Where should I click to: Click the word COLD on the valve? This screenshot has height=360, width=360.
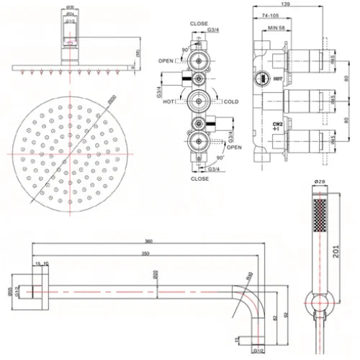tap(232, 102)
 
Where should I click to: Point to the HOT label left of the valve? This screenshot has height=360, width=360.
tap(170, 102)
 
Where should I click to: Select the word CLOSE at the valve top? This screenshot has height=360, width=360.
tap(199, 23)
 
